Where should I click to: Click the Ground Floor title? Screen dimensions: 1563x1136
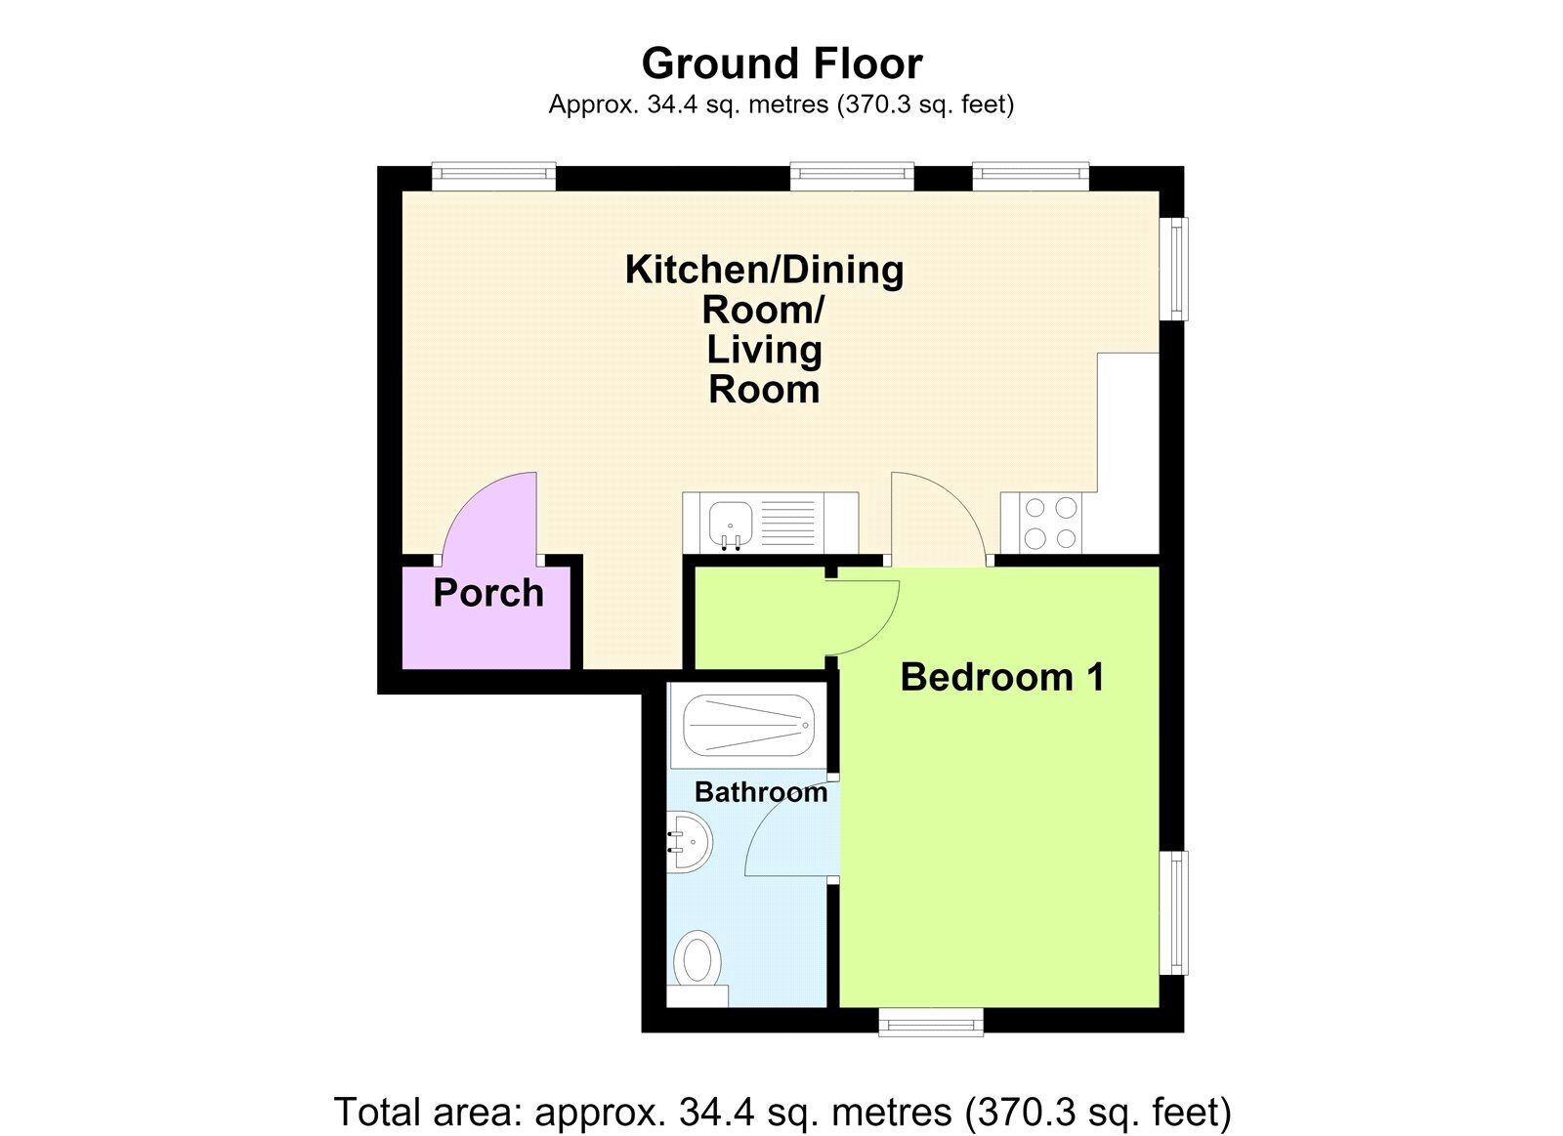coord(781,63)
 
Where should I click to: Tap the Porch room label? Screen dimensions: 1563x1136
coord(487,593)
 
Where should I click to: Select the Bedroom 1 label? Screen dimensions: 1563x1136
coord(1002,677)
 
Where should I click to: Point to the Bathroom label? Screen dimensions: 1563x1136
coord(761,792)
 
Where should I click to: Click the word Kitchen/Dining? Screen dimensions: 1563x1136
coord(764,270)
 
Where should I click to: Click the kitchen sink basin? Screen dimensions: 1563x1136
coord(730,524)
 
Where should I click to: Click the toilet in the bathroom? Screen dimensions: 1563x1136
coord(697,967)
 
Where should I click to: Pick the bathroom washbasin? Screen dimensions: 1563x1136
coord(690,842)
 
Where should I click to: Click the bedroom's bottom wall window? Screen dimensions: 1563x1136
coord(930,1023)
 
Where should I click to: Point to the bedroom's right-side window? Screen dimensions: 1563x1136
coord(1173,912)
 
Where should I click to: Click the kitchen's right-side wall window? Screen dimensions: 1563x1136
coord(1173,269)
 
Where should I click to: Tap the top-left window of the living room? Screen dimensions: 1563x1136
coord(493,176)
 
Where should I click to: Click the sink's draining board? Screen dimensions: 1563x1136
coord(787,524)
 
